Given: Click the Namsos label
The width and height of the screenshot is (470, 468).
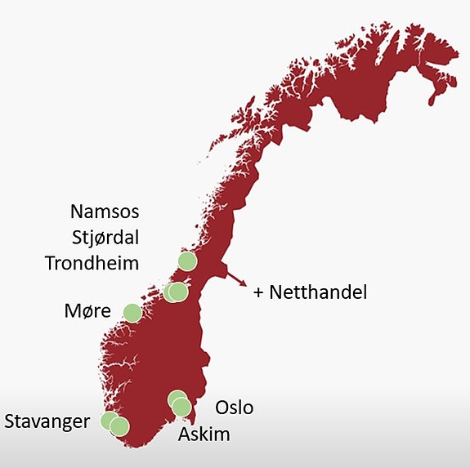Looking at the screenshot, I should click(105, 212).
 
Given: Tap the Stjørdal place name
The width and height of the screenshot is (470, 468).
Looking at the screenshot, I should click(105, 238).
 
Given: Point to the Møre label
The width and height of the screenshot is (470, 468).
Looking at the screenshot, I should click(87, 312).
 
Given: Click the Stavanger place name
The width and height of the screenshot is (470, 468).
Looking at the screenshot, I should click(47, 422).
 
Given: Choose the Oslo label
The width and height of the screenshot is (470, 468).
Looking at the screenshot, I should click(234, 408).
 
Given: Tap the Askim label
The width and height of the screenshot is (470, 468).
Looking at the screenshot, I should click(205, 434).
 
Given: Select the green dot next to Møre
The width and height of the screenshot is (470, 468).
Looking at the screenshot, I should click(132, 311).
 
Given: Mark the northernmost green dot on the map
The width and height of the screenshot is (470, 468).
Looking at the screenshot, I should click(187, 261).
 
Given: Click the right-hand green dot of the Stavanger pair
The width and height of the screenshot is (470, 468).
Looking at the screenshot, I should click(120, 426).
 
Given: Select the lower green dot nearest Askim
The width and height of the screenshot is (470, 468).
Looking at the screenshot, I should click(181, 407).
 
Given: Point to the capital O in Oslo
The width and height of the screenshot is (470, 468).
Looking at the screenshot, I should click(221, 408).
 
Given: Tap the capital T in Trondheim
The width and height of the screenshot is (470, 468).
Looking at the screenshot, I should click(51, 264).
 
